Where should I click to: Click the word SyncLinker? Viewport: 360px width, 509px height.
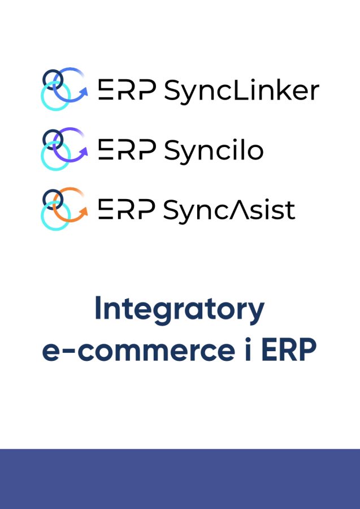[x=242, y=91]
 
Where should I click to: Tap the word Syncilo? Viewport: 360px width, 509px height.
[x=214, y=151]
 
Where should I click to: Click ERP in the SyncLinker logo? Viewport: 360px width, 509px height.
[x=127, y=89]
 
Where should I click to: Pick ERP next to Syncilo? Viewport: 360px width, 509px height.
[x=127, y=149]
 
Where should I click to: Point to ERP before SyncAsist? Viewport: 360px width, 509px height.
[x=127, y=209]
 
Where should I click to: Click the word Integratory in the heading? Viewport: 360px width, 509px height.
[x=180, y=310]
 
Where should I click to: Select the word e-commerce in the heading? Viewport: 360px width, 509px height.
[x=138, y=350]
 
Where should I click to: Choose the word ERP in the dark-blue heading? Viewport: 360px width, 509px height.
[x=289, y=349]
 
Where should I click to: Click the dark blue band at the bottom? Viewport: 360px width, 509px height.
[x=180, y=479]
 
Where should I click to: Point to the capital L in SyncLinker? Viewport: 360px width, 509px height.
[x=238, y=89]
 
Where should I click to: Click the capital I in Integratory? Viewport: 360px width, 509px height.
[x=98, y=307]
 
